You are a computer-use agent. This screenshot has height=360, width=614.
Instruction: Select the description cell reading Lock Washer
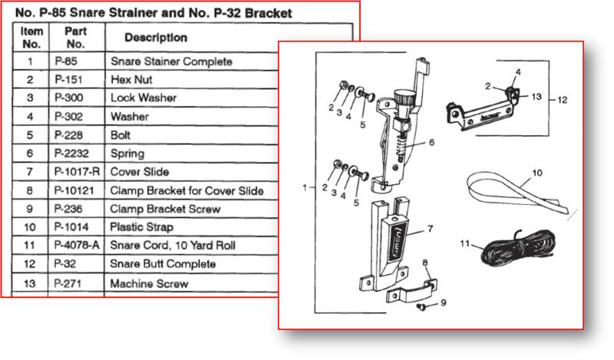tap(144, 98)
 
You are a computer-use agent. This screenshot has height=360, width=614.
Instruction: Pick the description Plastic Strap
tap(142, 227)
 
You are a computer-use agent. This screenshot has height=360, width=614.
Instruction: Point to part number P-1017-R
tap(77, 172)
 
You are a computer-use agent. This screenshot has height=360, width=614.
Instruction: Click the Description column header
tap(155, 38)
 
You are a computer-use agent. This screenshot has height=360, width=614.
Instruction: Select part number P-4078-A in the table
tap(78, 246)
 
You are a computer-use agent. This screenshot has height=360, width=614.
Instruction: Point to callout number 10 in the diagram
tap(537, 173)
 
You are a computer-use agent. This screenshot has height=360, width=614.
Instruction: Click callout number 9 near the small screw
tap(443, 302)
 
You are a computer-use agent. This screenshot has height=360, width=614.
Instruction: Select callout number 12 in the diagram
tap(563, 99)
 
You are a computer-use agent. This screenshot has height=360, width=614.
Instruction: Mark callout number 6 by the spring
tap(432, 142)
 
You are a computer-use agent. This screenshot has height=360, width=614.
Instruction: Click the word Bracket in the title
tap(270, 13)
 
